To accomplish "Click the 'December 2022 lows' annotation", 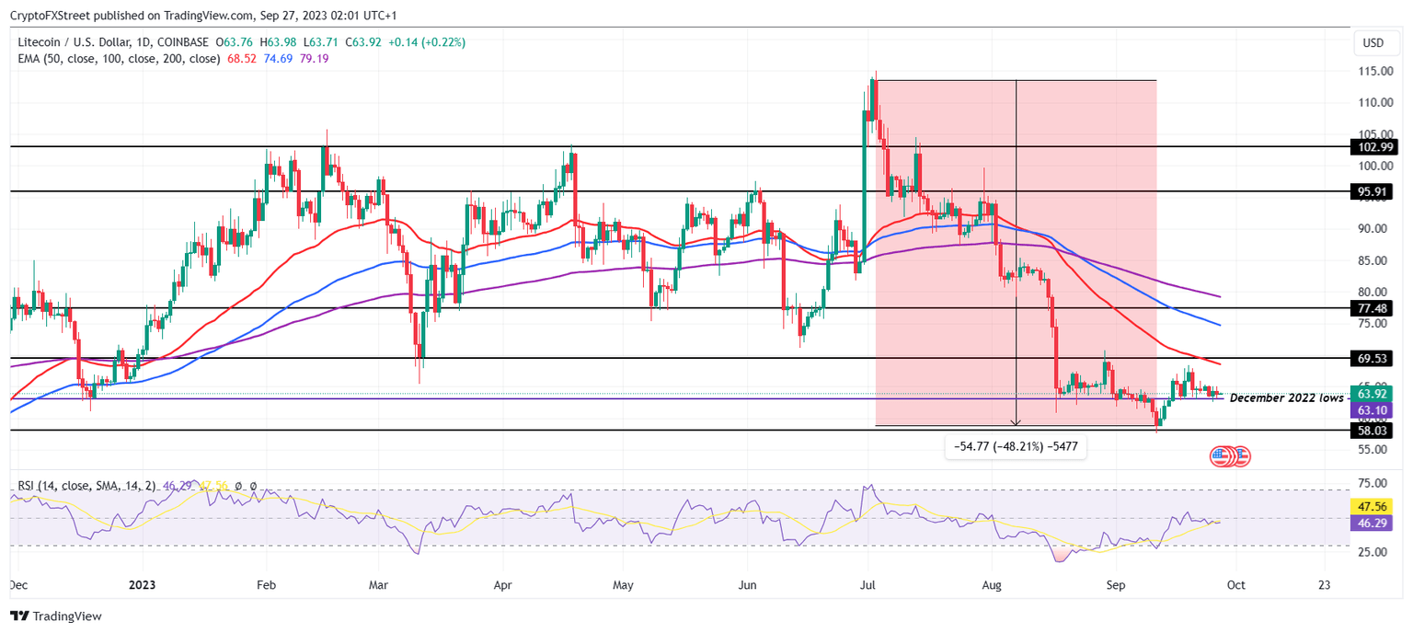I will pos(1286,397).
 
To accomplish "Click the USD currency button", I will pos(1373,43).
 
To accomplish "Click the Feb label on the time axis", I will pos(266,585).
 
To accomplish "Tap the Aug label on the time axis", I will pos(991,585).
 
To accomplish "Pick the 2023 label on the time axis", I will pos(143,585).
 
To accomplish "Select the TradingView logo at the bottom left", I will pos(57,616).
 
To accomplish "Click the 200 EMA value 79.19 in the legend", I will pos(315,59).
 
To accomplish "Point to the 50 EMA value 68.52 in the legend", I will pos(242,59).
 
